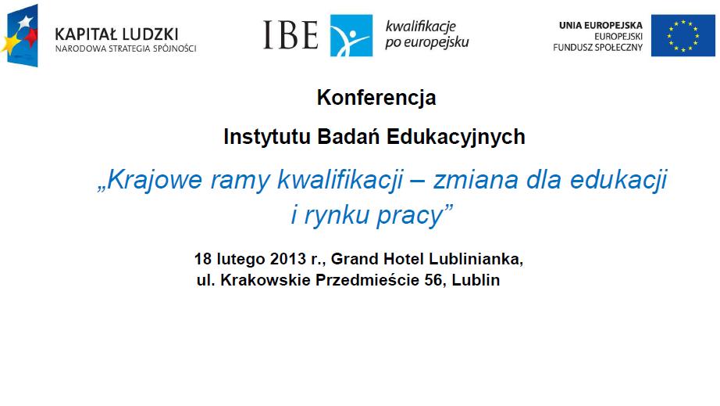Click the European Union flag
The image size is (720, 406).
tap(683, 35)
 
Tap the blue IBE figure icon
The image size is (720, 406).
tap(351, 35)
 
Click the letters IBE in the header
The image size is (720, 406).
tap(290, 34)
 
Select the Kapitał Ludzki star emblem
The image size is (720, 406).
tap(20, 35)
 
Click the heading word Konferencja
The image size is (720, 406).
tap(376, 98)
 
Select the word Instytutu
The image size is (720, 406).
tap(267, 137)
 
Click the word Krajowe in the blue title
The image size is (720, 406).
tap(155, 179)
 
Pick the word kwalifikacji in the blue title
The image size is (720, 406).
tap(340, 179)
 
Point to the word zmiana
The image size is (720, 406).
tap(476, 179)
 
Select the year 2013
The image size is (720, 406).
tap(288, 259)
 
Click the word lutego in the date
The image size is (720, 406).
tap(241, 260)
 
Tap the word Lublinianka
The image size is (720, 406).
tap(475, 259)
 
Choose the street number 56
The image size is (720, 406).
tap(433, 280)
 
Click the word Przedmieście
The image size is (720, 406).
tap(367, 279)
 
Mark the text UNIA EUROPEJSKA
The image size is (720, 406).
tap(601, 25)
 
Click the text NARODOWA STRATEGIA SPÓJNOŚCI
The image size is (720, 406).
tap(126, 49)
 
